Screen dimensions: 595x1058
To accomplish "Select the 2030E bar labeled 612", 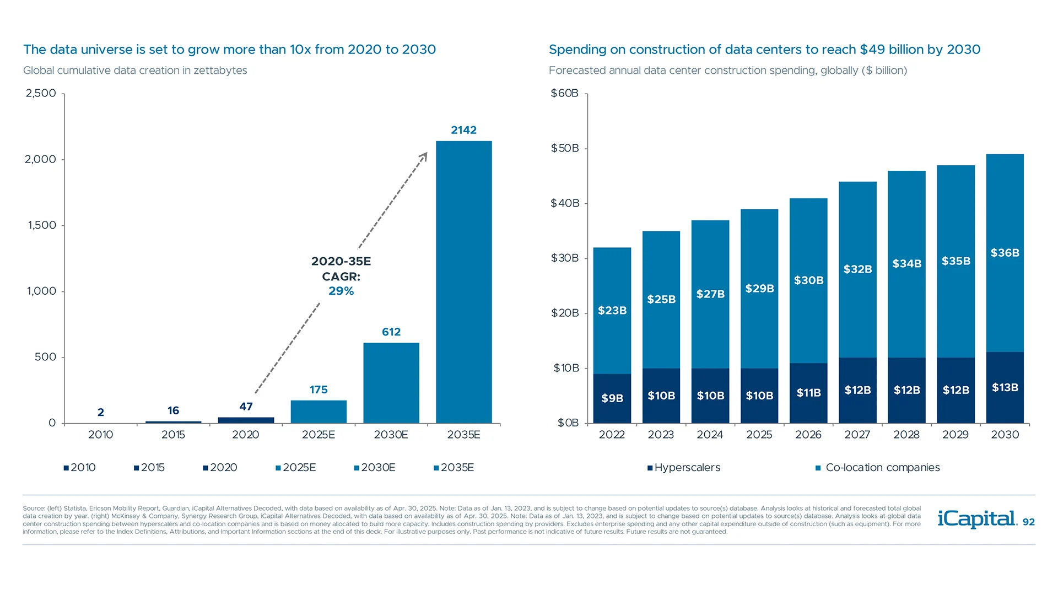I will click(x=391, y=383).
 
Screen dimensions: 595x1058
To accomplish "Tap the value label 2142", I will click(x=463, y=130).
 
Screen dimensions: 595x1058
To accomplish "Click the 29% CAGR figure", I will click(x=341, y=291).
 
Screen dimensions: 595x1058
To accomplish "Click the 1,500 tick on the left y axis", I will click(x=42, y=225).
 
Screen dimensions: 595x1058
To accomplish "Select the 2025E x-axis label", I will click(x=319, y=435).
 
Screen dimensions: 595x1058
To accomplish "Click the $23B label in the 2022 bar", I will click(x=612, y=311).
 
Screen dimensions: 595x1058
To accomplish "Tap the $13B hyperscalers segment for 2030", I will click(x=1005, y=388).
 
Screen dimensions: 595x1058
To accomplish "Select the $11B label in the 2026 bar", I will click(x=808, y=393).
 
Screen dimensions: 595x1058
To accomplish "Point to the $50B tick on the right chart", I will click(x=565, y=148).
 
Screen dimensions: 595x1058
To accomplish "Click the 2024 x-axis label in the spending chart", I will click(x=710, y=435).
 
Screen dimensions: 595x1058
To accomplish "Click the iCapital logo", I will click(x=977, y=519).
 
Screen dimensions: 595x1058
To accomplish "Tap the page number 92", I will click(x=1029, y=522).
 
